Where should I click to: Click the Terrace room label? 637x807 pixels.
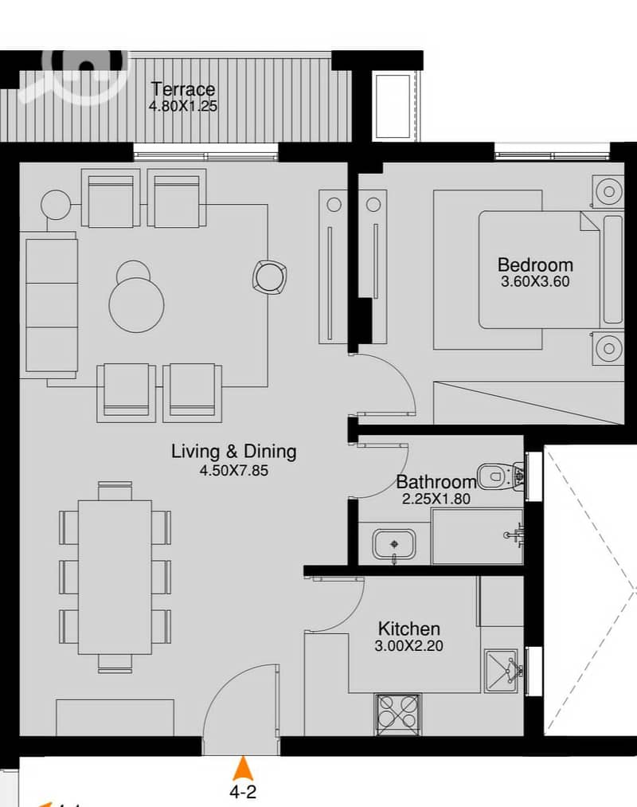(183, 89)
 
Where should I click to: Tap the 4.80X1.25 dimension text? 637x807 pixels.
(183, 107)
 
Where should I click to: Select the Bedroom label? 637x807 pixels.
(535, 264)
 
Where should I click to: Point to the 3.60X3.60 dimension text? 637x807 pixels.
(535, 281)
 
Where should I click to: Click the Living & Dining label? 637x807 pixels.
(233, 452)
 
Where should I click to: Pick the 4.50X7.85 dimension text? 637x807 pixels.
(233, 470)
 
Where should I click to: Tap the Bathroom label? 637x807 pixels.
(436, 482)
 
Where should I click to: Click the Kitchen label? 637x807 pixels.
(409, 629)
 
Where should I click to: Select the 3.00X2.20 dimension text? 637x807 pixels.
(409, 645)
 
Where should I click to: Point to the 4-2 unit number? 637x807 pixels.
(243, 791)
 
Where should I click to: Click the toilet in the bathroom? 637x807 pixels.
(501, 476)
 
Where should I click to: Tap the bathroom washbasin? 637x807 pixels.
(394, 545)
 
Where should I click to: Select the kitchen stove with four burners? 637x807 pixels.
(399, 715)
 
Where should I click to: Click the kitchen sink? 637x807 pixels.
(501, 671)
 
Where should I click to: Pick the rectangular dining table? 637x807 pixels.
(115, 577)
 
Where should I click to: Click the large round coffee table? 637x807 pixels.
(136, 304)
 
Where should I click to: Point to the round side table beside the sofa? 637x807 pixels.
(56, 205)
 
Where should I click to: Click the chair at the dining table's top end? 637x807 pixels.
(115, 491)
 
